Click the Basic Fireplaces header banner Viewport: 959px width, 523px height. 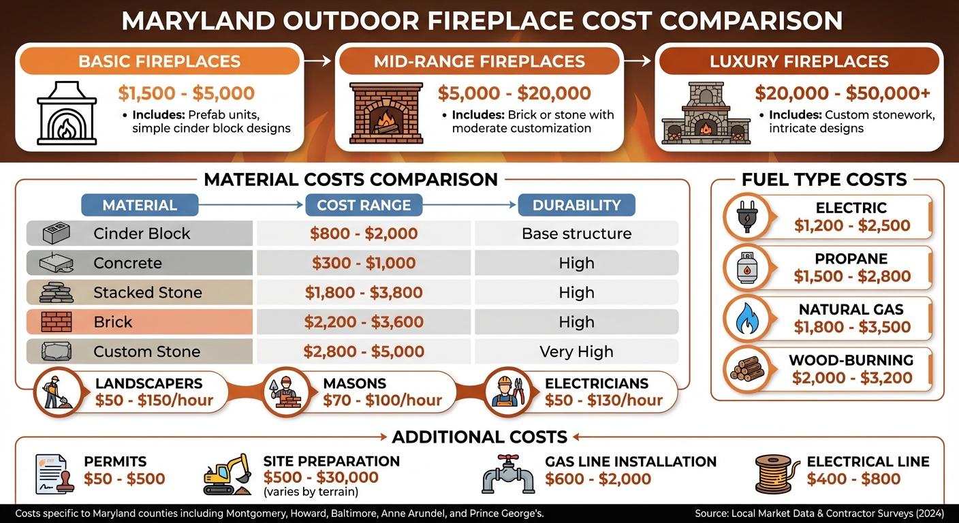159,61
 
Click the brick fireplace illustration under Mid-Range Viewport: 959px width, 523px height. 386,114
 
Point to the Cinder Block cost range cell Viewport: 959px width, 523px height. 364,234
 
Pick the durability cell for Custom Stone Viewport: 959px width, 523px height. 576,352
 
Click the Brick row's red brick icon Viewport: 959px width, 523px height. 56,322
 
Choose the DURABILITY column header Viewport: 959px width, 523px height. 576,205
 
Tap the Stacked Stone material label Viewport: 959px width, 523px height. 148,293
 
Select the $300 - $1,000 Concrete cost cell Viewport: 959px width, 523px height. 364,264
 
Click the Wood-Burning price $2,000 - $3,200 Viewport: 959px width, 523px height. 851,378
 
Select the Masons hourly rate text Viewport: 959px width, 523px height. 382,400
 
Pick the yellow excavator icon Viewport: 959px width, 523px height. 227,475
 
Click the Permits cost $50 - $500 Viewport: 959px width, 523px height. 125,479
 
